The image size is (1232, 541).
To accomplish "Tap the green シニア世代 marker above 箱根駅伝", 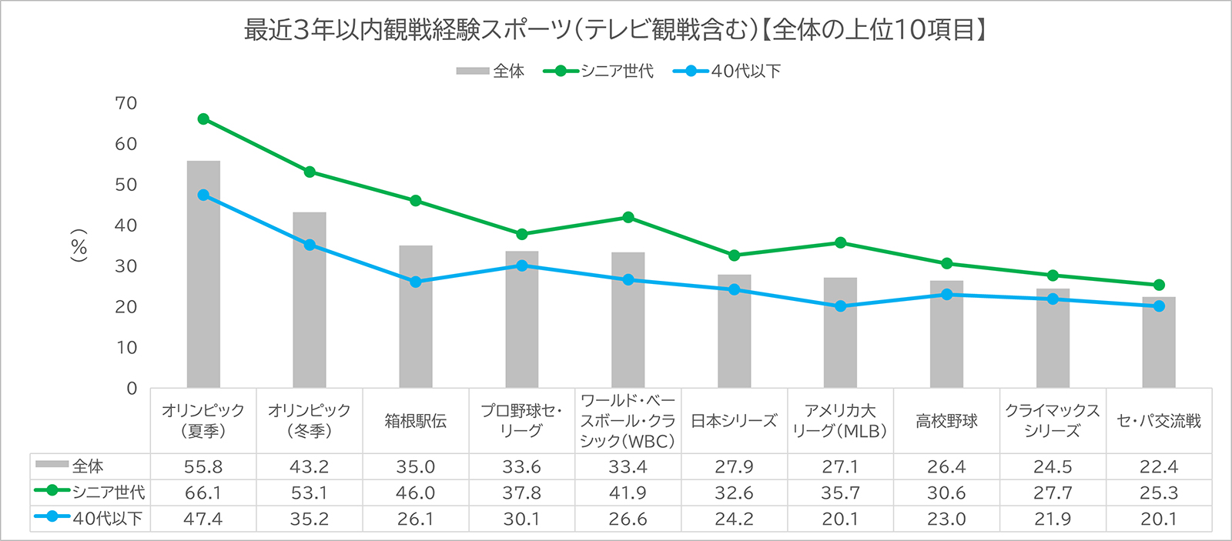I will click(x=416, y=201).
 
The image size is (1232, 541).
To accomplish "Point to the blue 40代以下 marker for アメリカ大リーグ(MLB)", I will click(x=840, y=306).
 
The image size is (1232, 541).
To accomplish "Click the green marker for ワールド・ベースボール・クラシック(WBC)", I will click(x=628, y=218).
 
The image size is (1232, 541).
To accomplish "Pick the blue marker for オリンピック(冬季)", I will click(x=310, y=245).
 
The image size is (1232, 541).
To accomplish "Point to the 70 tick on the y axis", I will click(x=126, y=103).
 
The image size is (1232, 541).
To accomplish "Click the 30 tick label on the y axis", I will click(x=126, y=266).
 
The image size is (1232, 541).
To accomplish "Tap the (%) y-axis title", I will click(x=79, y=245).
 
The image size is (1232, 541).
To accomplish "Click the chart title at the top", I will click(x=616, y=30).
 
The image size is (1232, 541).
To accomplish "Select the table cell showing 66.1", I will click(x=203, y=493).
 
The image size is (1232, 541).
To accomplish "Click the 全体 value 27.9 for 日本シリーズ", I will click(x=734, y=466).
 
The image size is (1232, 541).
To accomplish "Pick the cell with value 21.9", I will click(x=1053, y=519).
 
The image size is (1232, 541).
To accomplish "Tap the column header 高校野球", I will click(x=946, y=421).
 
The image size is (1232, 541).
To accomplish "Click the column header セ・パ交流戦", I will click(x=1159, y=421).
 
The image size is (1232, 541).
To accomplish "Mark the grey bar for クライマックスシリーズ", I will click(x=1053, y=338).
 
